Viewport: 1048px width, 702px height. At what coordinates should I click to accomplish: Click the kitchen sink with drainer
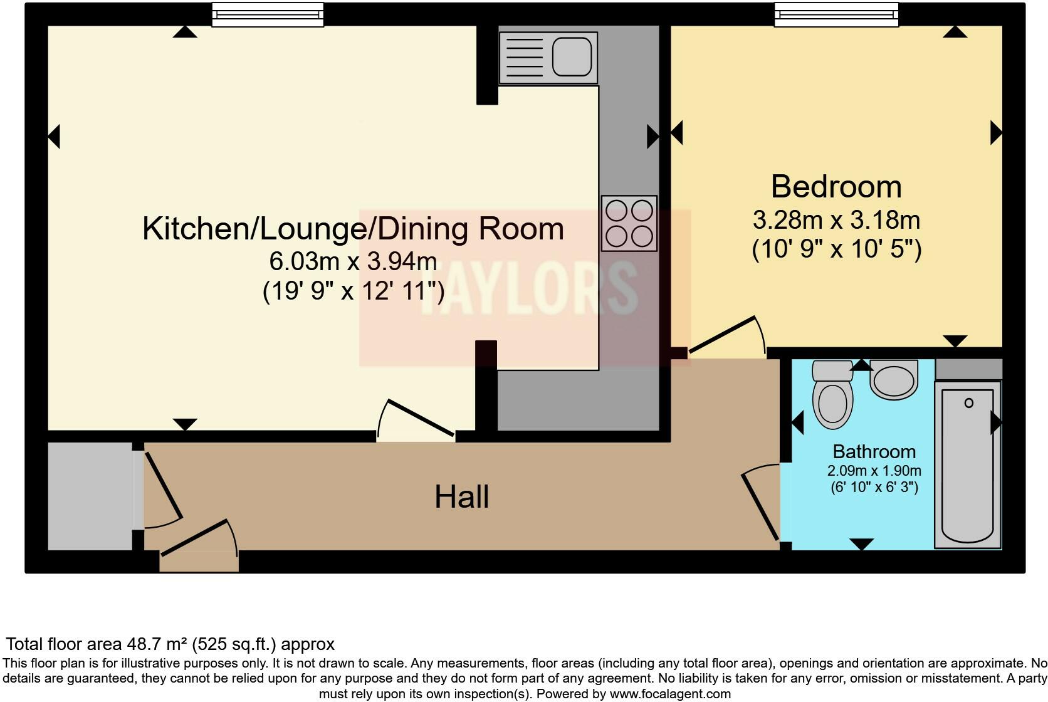pos(548,57)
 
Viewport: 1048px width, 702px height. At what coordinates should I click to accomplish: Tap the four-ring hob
pos(629,223)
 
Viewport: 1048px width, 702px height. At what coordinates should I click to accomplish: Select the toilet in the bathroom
pos(832,395)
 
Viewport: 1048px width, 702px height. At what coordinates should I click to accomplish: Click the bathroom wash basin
pos(894,380)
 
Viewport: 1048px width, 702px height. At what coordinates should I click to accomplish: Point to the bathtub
pos(967,464)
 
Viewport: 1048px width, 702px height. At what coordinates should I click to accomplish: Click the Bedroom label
pos(836,187)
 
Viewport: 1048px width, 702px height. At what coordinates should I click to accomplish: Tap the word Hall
pos(461,497)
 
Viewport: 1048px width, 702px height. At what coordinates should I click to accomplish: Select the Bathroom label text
pos(874,451)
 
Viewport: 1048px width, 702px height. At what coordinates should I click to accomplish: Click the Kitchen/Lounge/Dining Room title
pos(353,229)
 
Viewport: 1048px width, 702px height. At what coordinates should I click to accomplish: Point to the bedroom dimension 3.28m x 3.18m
pos(836,221)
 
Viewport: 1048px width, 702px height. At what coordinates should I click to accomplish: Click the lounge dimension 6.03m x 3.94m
pos(353,261)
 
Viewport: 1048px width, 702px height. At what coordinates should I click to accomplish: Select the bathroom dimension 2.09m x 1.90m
pos(874,471)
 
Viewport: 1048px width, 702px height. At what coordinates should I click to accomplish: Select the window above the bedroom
pos(836,14)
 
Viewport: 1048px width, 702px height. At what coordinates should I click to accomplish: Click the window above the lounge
pos(268,14)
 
